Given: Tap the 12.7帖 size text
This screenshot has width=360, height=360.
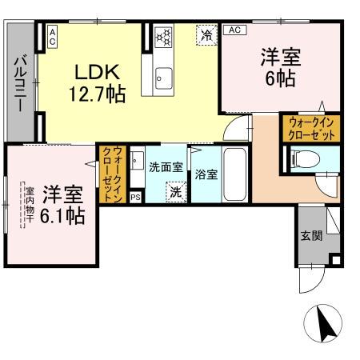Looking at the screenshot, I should [x=95, y=94].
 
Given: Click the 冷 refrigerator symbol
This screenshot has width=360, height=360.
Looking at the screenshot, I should [x=207, y=35].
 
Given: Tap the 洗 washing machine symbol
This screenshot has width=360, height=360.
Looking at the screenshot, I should [x=174, y=192].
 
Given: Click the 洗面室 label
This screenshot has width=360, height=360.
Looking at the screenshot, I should [x=166, y=166].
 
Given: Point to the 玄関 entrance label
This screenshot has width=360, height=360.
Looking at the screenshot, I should [x=311, y=236].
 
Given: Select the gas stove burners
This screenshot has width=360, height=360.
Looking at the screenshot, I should [x=163, y=36].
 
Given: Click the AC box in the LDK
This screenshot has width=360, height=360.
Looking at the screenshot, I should [x=52, y=35].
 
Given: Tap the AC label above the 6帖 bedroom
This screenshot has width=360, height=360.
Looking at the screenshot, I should [x=234, y=30].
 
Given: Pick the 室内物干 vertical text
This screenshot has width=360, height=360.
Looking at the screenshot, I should [x=28, y=206].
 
